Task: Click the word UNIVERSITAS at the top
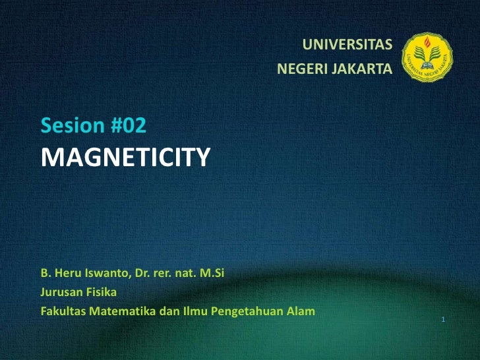pos(347,45)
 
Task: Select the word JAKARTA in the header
pos(363,69)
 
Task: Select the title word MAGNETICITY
pos(126,157)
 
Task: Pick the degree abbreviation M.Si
pos(219,272)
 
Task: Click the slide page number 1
pos(444,320)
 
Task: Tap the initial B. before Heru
pos(45,272)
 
